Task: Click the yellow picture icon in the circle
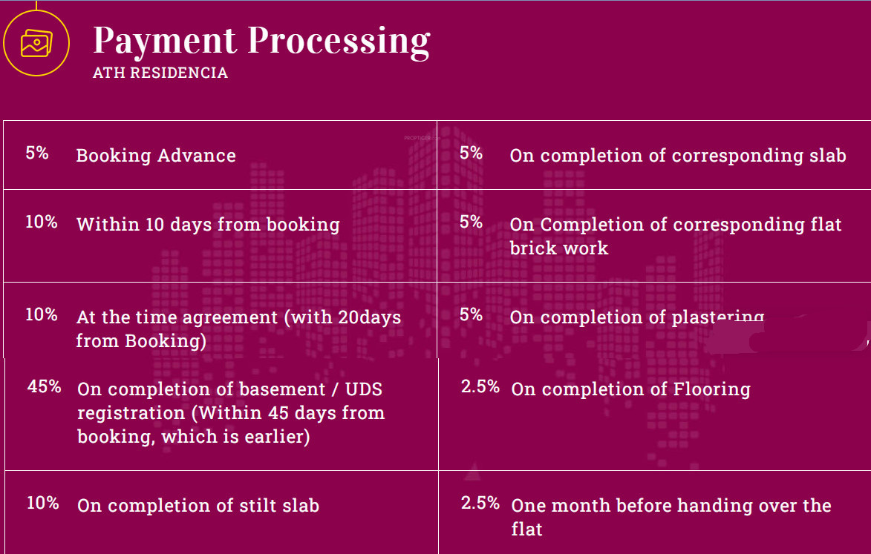(36, 43)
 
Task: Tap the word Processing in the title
(339, 42)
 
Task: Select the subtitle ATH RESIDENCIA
(160, 73)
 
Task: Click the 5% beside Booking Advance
(37, 153)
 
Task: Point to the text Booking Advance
(156, 156)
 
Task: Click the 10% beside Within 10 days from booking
(42, 222)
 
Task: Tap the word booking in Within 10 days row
(303, 225)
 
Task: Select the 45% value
(45, 386)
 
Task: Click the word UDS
(364, 389)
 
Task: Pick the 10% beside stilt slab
(43, 503)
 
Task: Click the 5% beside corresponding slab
(471, 153)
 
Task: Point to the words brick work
(559, 248)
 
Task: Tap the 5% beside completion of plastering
(471, 314)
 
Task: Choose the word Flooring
(711, 390)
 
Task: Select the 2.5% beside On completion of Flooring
(480, 386)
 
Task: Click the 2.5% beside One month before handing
(480, 503)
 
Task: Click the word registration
(131, 414)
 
